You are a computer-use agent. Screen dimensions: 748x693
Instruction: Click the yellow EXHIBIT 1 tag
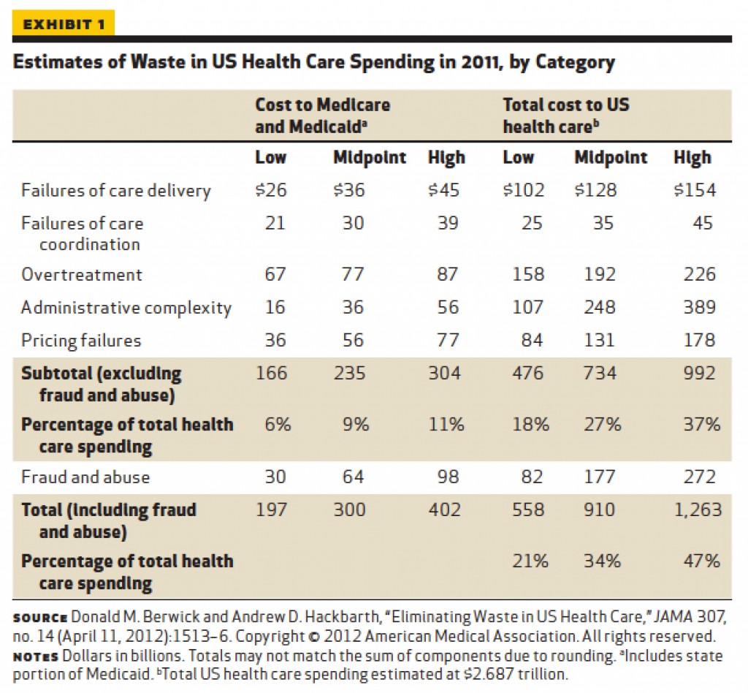[64, 23]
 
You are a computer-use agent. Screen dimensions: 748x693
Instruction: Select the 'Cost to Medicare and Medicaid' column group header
[322, 116]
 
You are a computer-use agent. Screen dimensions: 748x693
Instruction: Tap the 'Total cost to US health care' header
[566, 116]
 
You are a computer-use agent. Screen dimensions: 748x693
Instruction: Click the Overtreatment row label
[82, 275]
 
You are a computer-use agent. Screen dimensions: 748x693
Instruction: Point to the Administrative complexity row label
[126, 308]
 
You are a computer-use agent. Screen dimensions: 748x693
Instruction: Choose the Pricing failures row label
[81, 341]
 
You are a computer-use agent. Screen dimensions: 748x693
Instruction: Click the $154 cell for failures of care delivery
[695, 190]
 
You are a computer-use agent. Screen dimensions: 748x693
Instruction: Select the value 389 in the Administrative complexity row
[699, 307]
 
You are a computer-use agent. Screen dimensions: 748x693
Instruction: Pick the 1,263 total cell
[698, 510]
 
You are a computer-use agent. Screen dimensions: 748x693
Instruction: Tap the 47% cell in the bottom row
[701, 561]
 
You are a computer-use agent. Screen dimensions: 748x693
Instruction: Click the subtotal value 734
[600, 373]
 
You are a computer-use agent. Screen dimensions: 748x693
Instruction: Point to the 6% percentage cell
[278, 424]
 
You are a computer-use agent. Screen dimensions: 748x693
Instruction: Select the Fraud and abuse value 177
[600, 477]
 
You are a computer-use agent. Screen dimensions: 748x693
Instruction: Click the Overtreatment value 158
[528, 274]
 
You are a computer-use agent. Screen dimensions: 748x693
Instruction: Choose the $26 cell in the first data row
[271, 190]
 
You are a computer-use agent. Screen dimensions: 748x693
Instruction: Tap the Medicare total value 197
[272, 510]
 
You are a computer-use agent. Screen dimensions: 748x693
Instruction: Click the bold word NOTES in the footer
[35, 656]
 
